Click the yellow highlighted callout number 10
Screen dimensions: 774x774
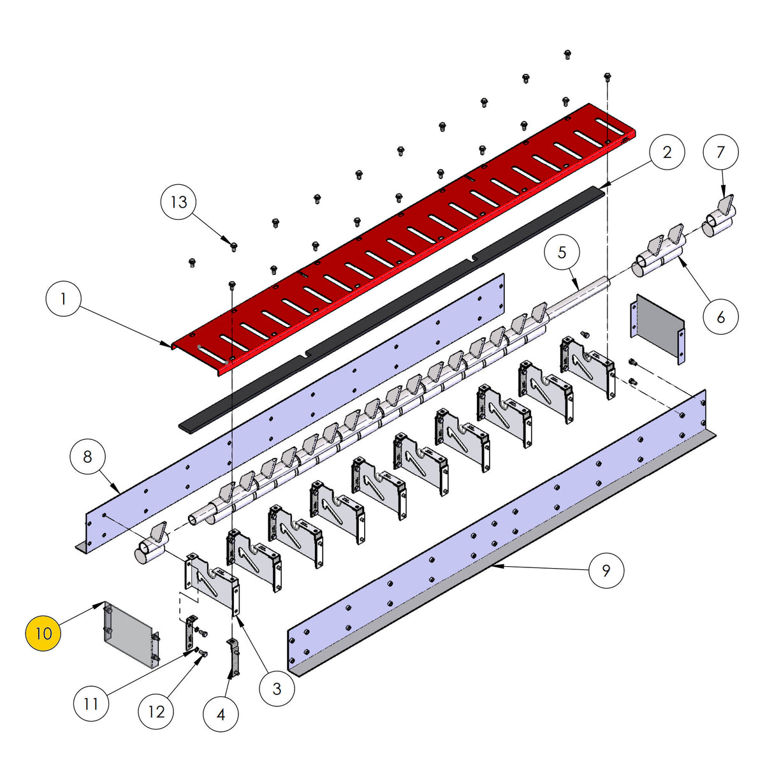tap(43, 633)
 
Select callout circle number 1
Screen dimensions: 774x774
tap(64, 299)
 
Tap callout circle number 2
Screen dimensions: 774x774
tap(667, 152)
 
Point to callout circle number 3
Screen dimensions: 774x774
tap(277, 688)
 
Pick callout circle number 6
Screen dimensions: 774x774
tap(720, 152)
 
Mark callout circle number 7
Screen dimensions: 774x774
tap(87, 456)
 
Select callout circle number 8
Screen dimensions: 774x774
tap(606, 569)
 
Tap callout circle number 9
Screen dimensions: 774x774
tap(91, 704)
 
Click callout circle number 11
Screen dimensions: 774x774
tap(156, 712)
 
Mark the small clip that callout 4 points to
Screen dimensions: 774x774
tap(233, 657)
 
